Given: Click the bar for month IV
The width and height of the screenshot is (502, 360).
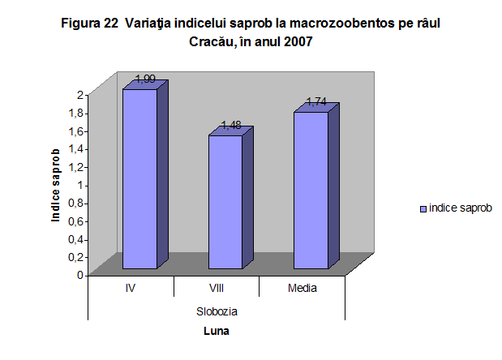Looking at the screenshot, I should (x=139, y=178).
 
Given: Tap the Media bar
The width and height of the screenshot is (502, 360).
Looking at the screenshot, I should (x=311, y=190).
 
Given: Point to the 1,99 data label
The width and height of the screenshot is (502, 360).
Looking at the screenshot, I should (x=146, y=79).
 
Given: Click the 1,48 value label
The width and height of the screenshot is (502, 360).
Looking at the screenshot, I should (x=231, y=126).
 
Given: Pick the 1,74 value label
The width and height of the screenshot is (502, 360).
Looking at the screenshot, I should (x=316, y=102).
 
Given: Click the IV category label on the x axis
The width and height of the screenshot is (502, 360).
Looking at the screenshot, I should (x=131, y=288).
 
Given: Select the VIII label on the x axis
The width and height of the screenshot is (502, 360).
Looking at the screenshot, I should (x=216, y=288).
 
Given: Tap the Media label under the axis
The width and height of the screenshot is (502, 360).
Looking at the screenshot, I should (x=302, y=288).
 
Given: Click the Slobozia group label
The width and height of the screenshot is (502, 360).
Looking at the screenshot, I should (x=217, y=311).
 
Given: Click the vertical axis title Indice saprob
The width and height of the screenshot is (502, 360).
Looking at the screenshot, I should (x=56, y=185).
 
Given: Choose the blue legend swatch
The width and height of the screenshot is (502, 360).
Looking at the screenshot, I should (x=423, y=208).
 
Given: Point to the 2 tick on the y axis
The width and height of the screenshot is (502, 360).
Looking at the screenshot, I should (x=79, y=95).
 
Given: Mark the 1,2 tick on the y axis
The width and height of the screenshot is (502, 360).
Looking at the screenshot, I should (x=75, y=166).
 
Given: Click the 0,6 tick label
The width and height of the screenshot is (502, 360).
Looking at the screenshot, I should (x=75, y=221).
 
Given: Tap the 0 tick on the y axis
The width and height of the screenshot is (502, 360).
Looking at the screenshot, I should (x=79, y=275).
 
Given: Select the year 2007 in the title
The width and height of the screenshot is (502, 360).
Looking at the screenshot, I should (x=297, y=42).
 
